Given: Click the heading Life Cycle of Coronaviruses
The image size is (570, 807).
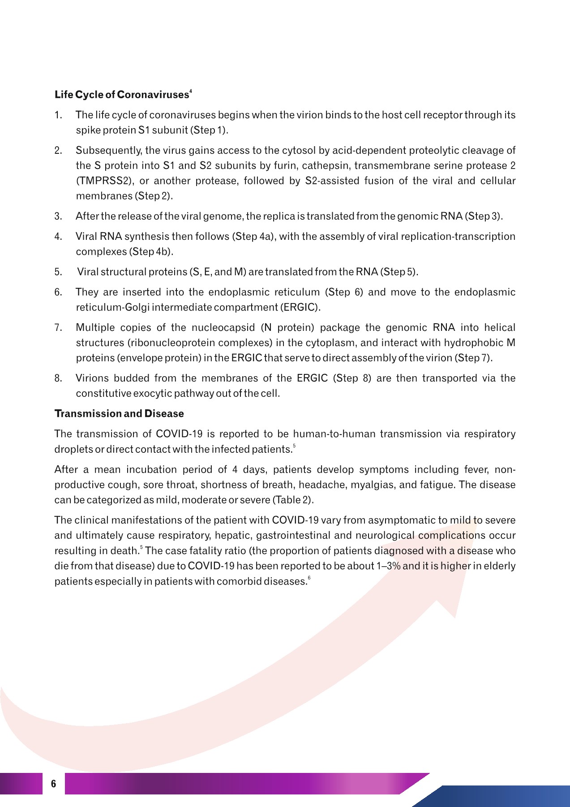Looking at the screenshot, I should [x=121, y=95].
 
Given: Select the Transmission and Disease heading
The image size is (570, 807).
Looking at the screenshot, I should [x=119, y=414].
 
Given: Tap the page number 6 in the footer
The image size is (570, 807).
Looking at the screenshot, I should [x=54, y=784].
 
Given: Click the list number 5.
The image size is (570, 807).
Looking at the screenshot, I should [x=58, y=272].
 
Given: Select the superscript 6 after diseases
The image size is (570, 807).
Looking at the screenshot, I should [x=309, y=579].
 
